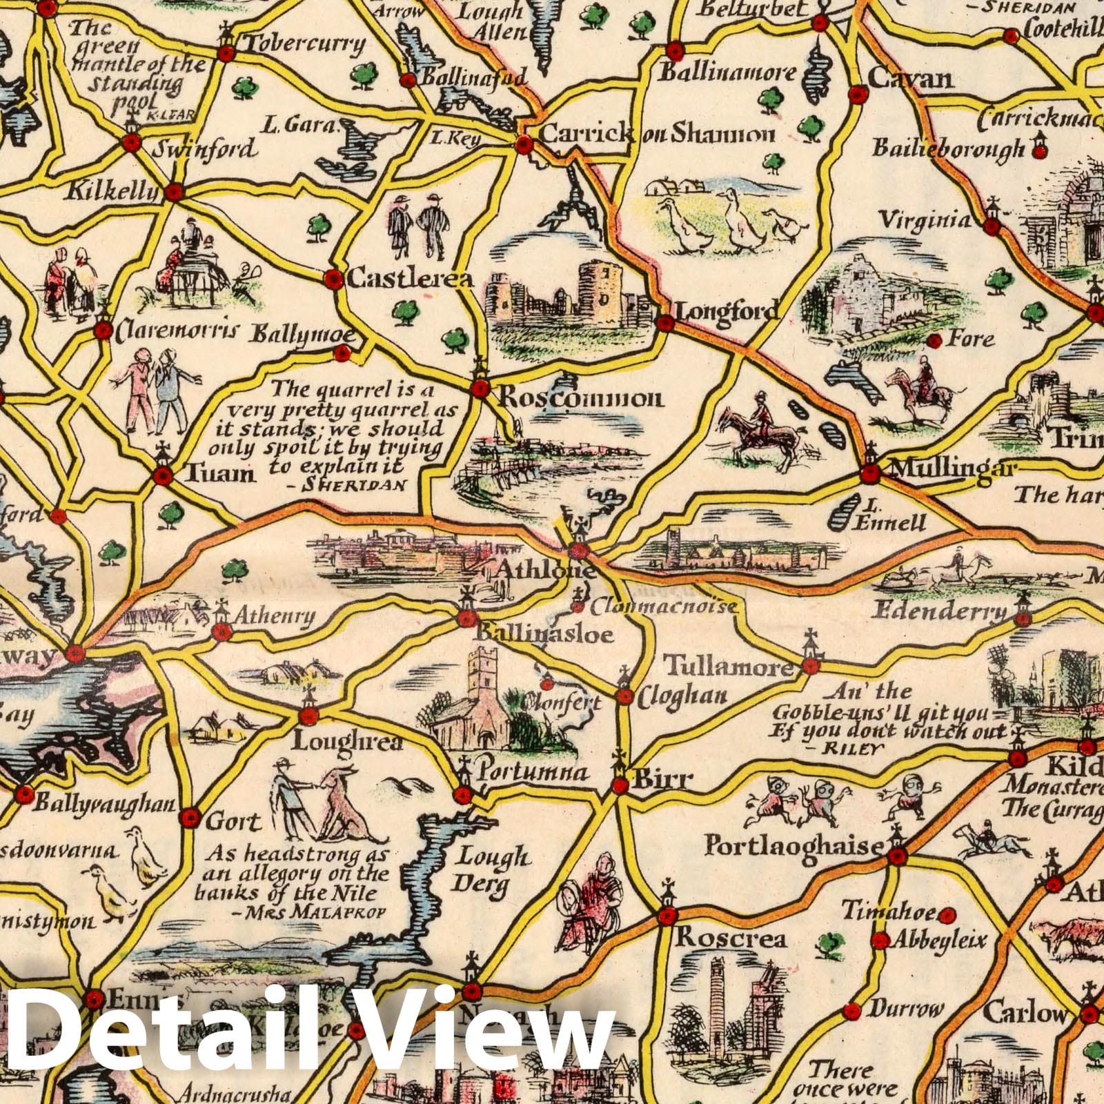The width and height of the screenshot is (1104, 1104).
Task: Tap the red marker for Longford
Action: (x=665, y=323)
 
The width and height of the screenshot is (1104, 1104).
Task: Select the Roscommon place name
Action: (x=580, y=398)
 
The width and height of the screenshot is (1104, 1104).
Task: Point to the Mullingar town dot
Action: (x=869, y=474)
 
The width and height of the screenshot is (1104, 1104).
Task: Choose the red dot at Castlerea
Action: (x=334, y=279)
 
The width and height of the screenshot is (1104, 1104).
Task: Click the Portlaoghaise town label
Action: (x=793, y=846)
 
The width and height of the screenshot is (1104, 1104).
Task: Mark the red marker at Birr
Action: (x=620, y=785)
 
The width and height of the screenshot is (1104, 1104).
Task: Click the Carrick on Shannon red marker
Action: (x=524, y=145)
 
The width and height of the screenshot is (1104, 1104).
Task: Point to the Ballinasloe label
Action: (x=545, y=633)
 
